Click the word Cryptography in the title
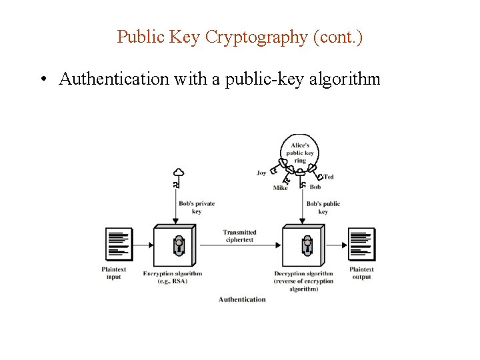pos(256,37)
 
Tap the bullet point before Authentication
pos(42,80)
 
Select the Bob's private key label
pos(196,207)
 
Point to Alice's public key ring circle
pos(300,153)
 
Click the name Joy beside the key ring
pos(261,173)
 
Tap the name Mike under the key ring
pos(280,188)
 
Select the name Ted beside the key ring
pos(329,177)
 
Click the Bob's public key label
pos(323,207)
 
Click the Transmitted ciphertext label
pos(239,236)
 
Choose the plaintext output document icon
pos(361,244)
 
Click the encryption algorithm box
pos(175,245)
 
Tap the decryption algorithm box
pos(304,245)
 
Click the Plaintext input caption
pos(114,273)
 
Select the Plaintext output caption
pos(361,273)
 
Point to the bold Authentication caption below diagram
pos(242,299)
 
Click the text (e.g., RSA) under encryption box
pos(173,281)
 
